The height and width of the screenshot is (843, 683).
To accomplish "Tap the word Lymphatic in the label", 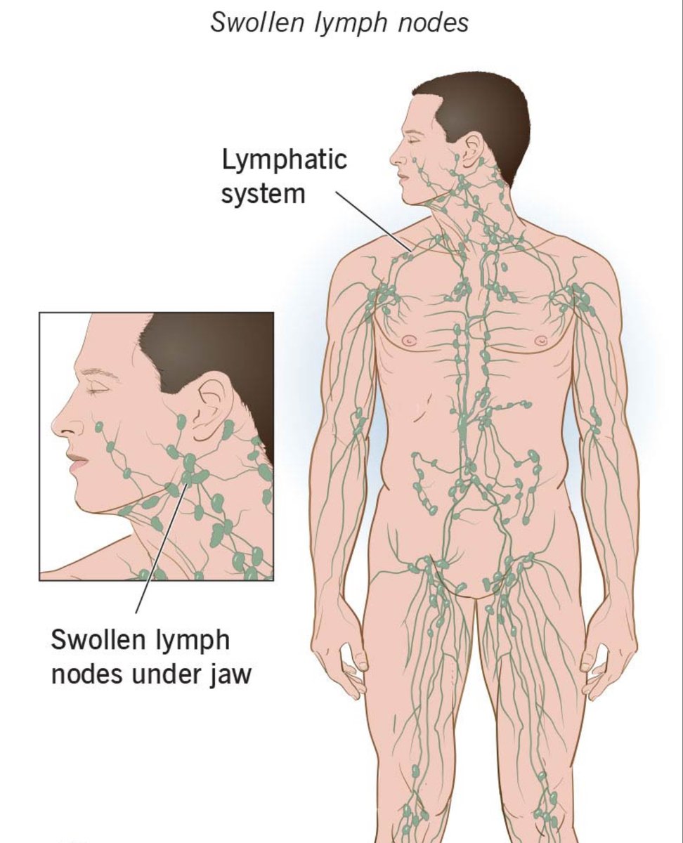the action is (284, 160).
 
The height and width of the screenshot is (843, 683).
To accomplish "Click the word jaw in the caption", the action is (230, 674).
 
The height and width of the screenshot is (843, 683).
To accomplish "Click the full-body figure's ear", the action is (469, 150).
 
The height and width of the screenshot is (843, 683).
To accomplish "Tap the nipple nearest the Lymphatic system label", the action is (410, 341).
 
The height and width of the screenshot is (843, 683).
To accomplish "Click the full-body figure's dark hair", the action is (485, 112).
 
